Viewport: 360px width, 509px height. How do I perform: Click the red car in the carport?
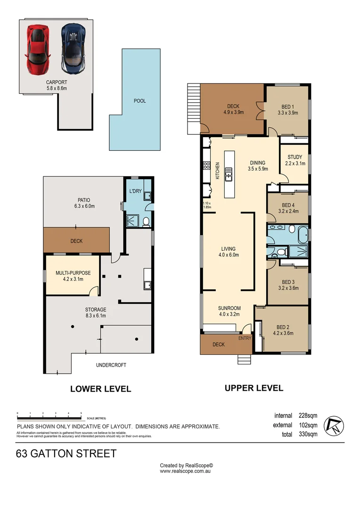point(38,49)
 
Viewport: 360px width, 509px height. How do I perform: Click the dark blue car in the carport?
point(74,49)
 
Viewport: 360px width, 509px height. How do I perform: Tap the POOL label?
point(139,101)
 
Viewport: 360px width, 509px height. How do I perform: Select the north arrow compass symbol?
point(334,425)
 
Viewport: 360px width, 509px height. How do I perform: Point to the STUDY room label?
point(295,157)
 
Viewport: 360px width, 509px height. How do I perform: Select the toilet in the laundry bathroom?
point(146,222)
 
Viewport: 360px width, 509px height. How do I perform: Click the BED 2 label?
point(283,327)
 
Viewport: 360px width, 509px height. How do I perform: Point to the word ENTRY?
point(245,338)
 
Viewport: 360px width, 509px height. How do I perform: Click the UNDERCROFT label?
point(111,365)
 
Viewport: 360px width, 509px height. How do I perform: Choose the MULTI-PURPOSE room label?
point(73,273)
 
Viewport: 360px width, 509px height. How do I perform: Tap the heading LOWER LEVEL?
point(101,389)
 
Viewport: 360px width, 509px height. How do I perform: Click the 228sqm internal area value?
point(308,416)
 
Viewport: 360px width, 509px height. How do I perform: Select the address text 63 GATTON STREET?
point(66,453)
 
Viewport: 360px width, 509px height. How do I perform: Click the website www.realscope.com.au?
point(185,471)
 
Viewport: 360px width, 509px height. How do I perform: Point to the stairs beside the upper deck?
point(194,109)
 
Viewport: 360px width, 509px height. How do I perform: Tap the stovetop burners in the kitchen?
point(206,165)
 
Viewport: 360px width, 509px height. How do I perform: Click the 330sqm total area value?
point(308,435)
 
